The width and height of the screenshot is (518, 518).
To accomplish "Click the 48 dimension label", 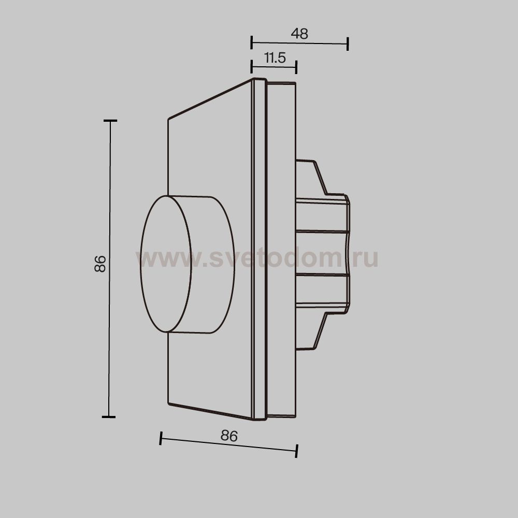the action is [x=299, y=33].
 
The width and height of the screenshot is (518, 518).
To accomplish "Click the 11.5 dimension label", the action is [x=275, y=58].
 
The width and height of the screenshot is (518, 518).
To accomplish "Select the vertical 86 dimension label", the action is [x=100, y=264].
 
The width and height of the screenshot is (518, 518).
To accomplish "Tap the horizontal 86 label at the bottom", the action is [x=229, y=436].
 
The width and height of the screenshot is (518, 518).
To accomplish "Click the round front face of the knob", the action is [x=166, y=264].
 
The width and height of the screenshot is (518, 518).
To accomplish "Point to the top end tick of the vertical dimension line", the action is [x=110, y=121].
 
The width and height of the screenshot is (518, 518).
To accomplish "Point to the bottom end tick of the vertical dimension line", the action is [x=109, y=417].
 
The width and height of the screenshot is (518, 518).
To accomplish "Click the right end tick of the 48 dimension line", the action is [x=348, y=44].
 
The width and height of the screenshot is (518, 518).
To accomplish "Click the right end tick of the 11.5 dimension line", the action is [x=296, y=67].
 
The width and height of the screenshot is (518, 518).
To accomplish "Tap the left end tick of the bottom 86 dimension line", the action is [x=161, y=438].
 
